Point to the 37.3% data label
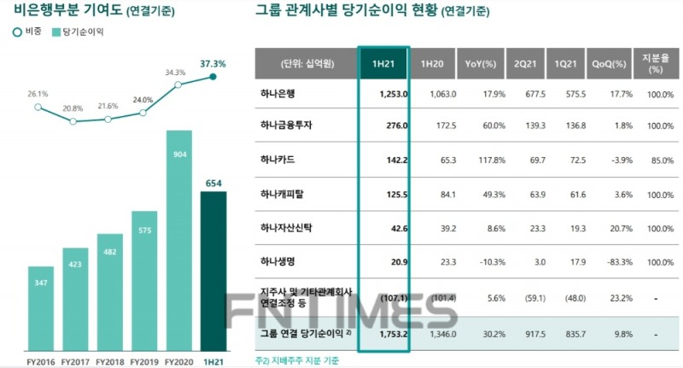click(213, 63)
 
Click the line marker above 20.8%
click(73, 121)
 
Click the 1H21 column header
click(382, 63)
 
